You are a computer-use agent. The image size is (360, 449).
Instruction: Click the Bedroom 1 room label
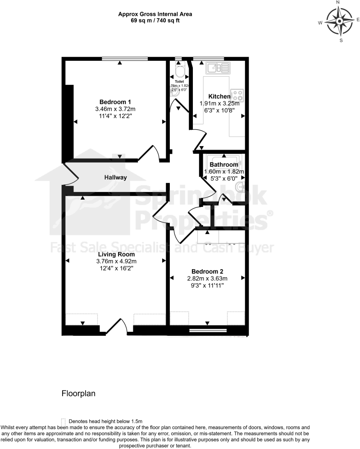coord(115,101)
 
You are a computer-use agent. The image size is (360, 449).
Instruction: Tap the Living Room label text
coord(116,254)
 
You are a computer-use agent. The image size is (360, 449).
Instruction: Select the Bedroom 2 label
coord(207,271)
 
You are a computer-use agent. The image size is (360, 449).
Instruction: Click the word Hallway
coord(116,178)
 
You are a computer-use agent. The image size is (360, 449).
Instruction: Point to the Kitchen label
coord(219,96)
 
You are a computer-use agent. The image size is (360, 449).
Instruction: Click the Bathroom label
coord(223,165)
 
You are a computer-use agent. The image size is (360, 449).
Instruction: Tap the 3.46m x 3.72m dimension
coord(115,109)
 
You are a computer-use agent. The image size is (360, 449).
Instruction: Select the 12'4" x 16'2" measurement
coord(116,268)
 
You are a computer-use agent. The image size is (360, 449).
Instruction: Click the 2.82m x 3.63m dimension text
coord(207,279)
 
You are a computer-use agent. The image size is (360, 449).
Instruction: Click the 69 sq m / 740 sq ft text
coord(155,20)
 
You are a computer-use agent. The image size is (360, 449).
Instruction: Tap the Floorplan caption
coord(78,393)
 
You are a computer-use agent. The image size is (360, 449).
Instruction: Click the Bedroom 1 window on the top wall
coord(124,58)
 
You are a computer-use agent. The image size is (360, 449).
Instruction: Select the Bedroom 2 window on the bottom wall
coord(207,331)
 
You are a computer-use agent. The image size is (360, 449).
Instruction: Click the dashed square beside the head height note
coord(64,421)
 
